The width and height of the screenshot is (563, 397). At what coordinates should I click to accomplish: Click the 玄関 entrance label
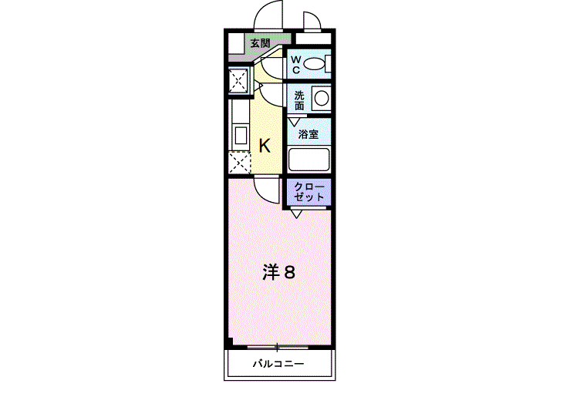tap(260, 43)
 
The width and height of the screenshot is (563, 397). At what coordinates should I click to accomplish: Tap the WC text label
tap(295, 63)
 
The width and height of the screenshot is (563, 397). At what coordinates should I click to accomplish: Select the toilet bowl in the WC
tap(314, 64)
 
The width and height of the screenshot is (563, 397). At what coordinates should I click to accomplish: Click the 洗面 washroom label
tap(298, 99)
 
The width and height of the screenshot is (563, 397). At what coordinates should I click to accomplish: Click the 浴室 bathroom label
tap(308, 134)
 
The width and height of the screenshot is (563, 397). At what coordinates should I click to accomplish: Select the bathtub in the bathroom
tap(308, 160)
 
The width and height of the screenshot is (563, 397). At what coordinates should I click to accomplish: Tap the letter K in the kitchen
tap(264, 145)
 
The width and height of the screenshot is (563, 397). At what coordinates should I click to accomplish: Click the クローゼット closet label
tap(308, 192)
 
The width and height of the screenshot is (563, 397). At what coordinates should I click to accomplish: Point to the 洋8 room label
tap(278, 272)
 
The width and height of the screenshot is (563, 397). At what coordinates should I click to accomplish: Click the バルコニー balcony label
tap(278, 364)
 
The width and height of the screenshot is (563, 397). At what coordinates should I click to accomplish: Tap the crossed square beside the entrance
tap(238, 79)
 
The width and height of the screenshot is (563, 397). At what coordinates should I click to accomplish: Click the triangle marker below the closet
tap(297, 214)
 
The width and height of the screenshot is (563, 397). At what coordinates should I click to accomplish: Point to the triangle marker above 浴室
tap(294, 120)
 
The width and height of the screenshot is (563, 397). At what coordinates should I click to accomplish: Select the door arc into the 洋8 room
tap(267, 189)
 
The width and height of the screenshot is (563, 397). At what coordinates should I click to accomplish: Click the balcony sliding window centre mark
tap(277, 348)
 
